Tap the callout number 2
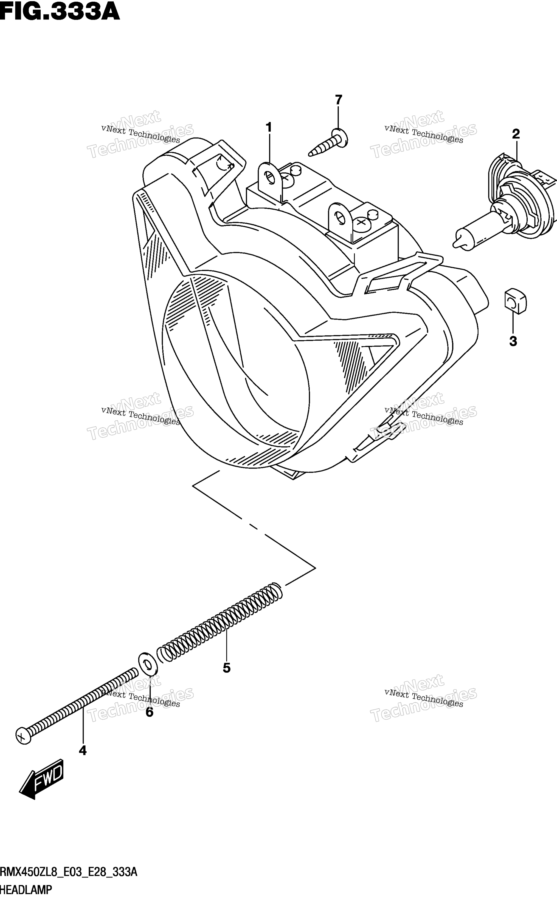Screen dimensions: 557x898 516,134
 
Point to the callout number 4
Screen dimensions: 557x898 83,751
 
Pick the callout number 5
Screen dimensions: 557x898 227,668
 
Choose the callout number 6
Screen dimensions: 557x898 149,712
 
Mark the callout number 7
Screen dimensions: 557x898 339,100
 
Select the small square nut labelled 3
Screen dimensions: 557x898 515,301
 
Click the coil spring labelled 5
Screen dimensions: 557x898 220,622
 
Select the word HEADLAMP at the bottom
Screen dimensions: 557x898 26,890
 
